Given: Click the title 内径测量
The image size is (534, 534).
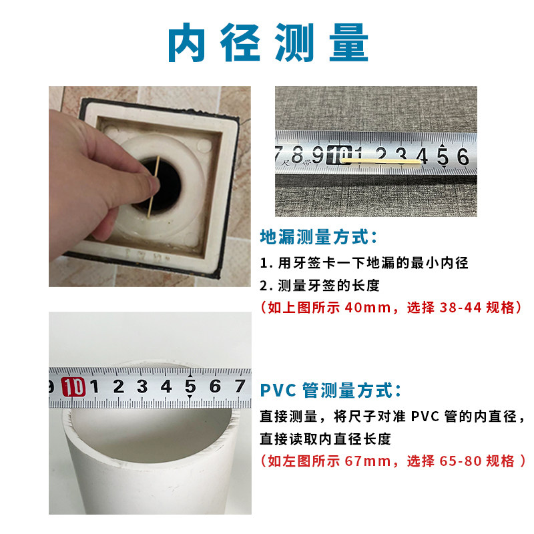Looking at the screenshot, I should (x=267, y=44).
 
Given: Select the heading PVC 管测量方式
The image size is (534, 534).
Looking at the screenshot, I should (x=330, y=389).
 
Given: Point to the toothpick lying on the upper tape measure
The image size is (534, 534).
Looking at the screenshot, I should (x=380, y=161).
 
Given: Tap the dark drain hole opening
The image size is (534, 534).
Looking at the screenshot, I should (x=164, y=180).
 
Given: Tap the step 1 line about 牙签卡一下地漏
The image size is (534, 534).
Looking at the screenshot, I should (x=364, y=262).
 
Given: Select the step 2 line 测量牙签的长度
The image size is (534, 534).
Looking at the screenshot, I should (x=320, y=285).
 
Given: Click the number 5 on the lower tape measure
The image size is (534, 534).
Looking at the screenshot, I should (x=190, y=386).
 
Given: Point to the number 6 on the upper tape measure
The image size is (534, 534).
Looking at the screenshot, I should (x=461, y=156).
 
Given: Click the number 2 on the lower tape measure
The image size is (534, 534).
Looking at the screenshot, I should (x=119, y=386).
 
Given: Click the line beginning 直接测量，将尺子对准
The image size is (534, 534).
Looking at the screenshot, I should (x=393, y=417).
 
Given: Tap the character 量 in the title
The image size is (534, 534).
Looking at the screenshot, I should (x=347, y=44).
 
